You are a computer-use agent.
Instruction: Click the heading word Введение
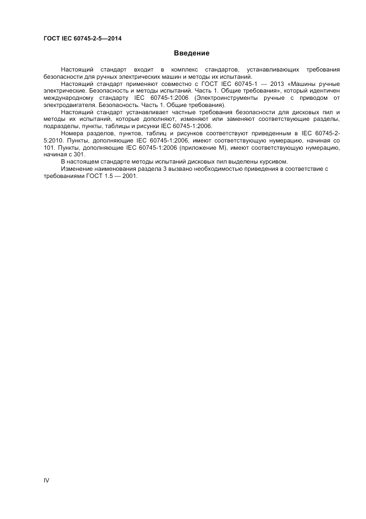click(x=192, y=53)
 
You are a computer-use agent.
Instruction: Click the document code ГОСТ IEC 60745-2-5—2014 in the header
click(x=83, y=38)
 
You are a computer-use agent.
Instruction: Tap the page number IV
click(x=47, y=480)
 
